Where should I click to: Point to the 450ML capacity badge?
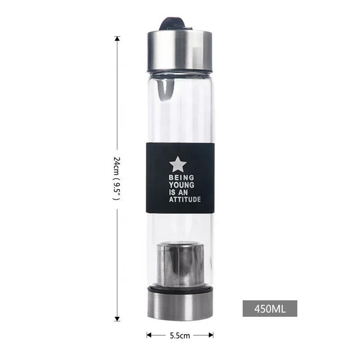pos(270,309)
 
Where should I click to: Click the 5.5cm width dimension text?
pos(180,335)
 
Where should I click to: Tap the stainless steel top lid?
pos(180,54)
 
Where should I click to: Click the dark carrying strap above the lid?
pos(175,25)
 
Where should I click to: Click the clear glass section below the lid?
pos(189,108)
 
